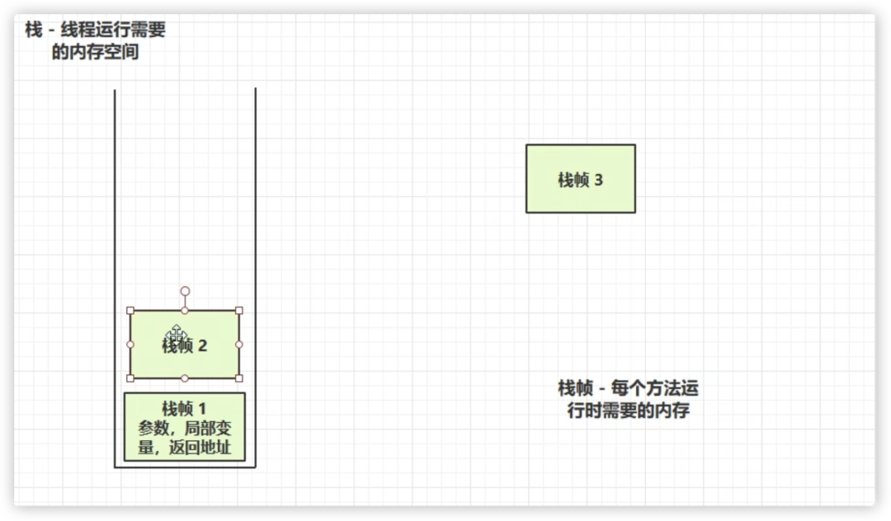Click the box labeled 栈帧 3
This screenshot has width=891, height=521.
click(x=580, y=179)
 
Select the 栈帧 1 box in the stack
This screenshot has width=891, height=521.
click(x=185, y=427)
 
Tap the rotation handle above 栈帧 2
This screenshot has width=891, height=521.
click(x=185, y=291)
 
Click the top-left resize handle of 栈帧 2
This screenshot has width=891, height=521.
click(x=130, y=311)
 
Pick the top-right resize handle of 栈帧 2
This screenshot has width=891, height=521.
click(x=239, y=311)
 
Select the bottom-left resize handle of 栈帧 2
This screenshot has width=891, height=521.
click(x=130, y=378)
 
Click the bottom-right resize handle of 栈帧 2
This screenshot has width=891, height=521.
click(x=239, y=378)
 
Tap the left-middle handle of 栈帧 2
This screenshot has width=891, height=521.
click(x=130, y=345)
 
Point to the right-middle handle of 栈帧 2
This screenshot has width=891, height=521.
click(x=239, y=345)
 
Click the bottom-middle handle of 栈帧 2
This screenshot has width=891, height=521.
click(x=185, y=378)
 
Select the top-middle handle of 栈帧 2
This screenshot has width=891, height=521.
click(x=185, y=311)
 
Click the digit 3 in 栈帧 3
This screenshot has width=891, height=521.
click(x=598, y=180)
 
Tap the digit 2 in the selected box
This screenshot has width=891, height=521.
click(x=202, y=345)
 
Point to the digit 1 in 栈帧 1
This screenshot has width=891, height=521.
click(x=202, y=409)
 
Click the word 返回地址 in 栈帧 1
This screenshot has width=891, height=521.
click(x=200, y=448)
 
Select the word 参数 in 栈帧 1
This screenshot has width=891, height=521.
click(x=153, y=428)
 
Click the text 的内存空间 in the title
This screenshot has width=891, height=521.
click(x=96, y=52)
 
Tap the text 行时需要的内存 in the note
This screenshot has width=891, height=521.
click(x=629, y=410)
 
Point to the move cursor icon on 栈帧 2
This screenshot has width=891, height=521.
click(x=177, y=334)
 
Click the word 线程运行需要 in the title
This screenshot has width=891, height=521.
click(x=113, y=29)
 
